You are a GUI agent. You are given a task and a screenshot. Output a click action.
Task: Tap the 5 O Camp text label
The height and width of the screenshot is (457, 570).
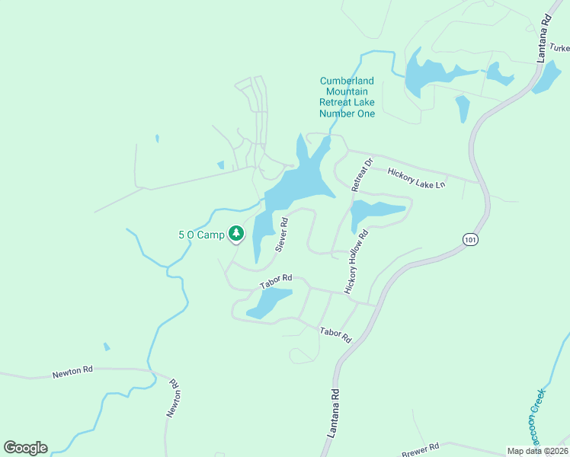(x=201, y=235)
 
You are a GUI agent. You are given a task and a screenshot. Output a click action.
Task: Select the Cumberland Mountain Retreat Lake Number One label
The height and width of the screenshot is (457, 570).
(x=347, y=97)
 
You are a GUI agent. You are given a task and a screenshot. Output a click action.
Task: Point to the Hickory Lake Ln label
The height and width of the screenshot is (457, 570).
(x=416, y=178)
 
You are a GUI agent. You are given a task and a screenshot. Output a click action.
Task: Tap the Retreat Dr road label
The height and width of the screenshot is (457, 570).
(x=360, y=174)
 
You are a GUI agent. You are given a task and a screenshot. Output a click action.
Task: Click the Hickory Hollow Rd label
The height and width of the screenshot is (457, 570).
(x=356, y=262)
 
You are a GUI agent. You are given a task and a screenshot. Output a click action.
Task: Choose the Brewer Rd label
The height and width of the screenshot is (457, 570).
(x=424, y=447)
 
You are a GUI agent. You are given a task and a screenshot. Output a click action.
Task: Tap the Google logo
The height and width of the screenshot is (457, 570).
(x=25, y=448)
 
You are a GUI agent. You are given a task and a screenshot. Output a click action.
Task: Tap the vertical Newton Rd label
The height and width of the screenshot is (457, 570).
(x=173, y=398)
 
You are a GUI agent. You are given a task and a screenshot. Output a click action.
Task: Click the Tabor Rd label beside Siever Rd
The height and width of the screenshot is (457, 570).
(x=276, y=281)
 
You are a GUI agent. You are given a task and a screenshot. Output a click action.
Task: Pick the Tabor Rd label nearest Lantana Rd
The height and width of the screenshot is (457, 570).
(x=335, y=334)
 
